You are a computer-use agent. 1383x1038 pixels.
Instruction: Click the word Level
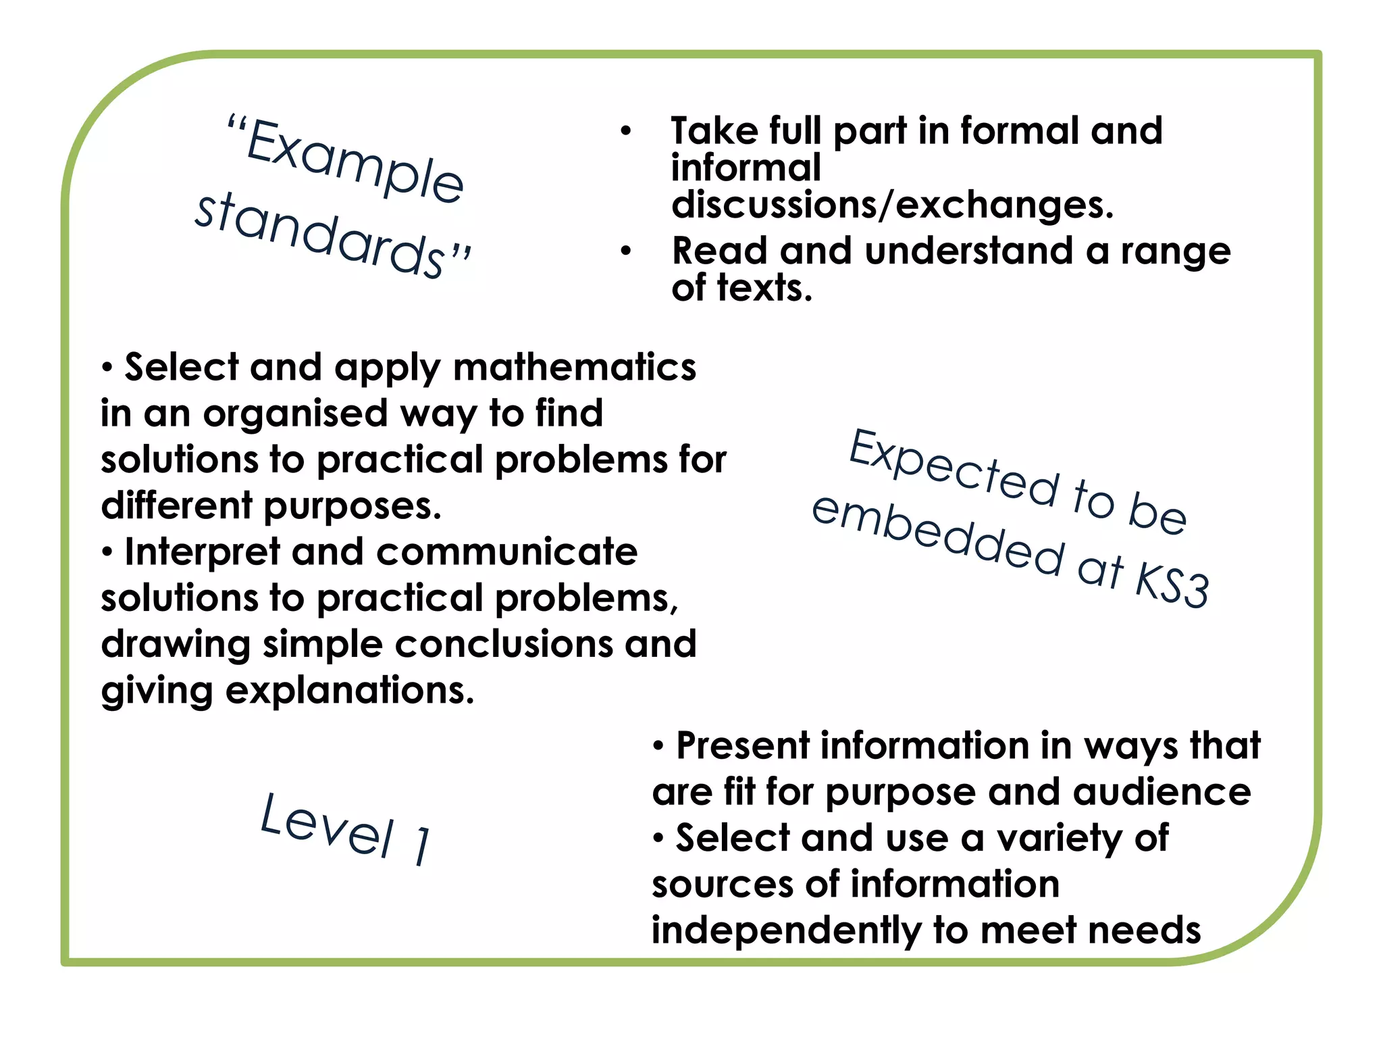pyautogui.click(x=327, y=826)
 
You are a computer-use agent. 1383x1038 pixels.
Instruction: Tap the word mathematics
pyautogui.click(x=574, y=368)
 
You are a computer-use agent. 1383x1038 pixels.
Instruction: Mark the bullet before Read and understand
pyautogui.click(x=626, y=251)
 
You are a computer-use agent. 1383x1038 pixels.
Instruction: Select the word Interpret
pyautogui.click(x=202, y=552)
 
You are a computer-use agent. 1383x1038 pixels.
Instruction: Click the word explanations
pyautogui.click(x=350, y=691)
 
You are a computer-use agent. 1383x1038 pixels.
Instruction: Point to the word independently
pyautogui.click(x=786, y=931)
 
